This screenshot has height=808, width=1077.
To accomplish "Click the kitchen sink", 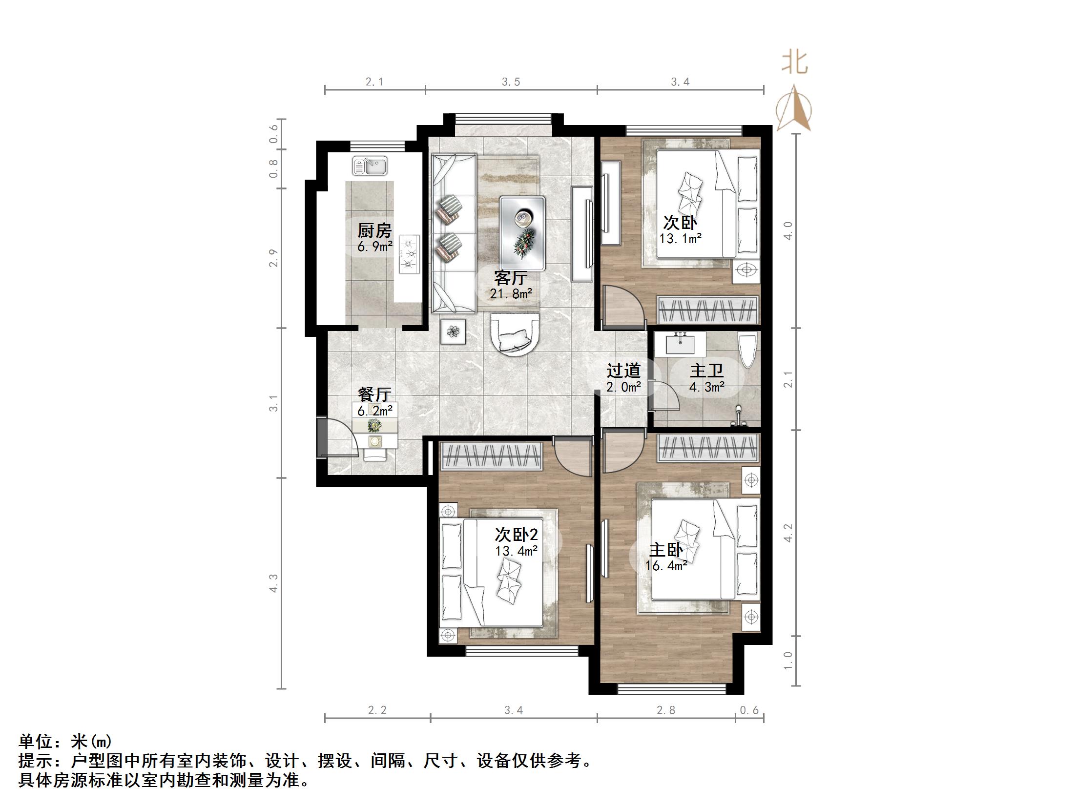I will (370, 166).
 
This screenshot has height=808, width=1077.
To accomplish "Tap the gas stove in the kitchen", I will (410, 254).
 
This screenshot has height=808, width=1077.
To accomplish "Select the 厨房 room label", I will (374, 230).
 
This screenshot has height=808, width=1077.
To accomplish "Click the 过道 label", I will (623, 371).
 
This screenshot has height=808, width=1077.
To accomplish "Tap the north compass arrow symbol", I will (794, 110).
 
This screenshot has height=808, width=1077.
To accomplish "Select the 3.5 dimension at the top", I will (511, 82).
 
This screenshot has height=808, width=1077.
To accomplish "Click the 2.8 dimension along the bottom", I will (666, 710).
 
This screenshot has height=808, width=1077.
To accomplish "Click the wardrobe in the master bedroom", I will (708, 448).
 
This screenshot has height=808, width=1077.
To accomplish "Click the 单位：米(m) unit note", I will (65, 742).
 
